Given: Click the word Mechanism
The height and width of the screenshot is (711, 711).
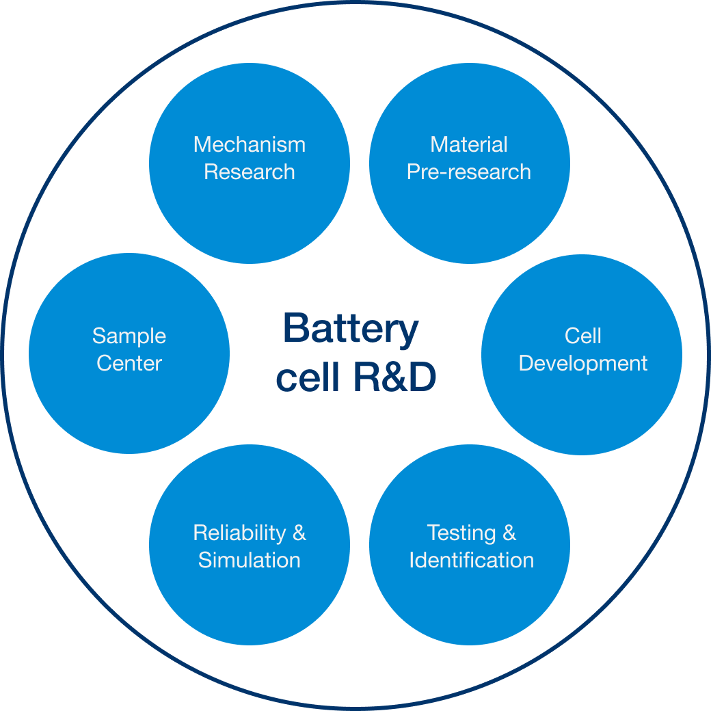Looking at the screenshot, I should [x=249, y=145].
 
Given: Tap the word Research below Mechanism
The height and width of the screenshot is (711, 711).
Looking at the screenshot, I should [x=249, y=172].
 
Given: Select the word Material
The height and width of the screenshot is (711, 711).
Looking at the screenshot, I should [x=469, y=145].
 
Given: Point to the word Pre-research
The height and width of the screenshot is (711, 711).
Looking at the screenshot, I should [x=469, y=172].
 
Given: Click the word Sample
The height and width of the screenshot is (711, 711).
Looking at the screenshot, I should [x=129, y=336].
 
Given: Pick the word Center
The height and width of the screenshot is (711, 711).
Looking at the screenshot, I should [x=129, y=363].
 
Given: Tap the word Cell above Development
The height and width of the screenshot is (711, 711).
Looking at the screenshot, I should [x=583, y=336].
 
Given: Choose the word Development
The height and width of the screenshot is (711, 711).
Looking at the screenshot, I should [x=583, y=363].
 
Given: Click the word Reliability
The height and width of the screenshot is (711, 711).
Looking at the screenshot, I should [x=239, y=533].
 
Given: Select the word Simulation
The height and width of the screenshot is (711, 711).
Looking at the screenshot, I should [x=249, y=560].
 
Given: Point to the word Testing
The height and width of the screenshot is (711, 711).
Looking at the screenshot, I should [x=461, y=533].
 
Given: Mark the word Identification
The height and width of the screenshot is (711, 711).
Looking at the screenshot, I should [x=471, y=560].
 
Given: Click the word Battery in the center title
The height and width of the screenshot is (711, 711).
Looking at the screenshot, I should [x=350, y=329].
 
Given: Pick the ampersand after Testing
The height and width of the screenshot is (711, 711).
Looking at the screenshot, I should [x=509, y=533].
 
